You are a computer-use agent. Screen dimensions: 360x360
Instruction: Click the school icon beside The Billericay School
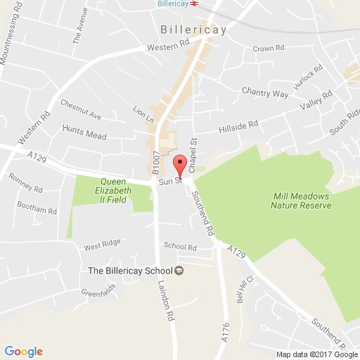(x=179, y=271)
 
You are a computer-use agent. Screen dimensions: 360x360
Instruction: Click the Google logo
(x=23, y=351)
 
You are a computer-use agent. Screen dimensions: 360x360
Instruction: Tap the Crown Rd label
(x=269, y=49)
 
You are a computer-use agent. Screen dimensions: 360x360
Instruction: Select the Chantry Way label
(x=265, y=92)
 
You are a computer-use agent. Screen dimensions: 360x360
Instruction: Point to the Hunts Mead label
(x=82, y=129)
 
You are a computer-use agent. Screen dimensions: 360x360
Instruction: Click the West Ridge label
(x=98, y=247)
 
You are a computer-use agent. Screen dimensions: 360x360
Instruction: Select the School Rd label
(x=179, y=246)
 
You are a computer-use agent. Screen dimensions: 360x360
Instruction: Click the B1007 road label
(x=156, y=164)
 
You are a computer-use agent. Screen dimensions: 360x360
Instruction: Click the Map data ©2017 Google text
(x=316, y=354)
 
